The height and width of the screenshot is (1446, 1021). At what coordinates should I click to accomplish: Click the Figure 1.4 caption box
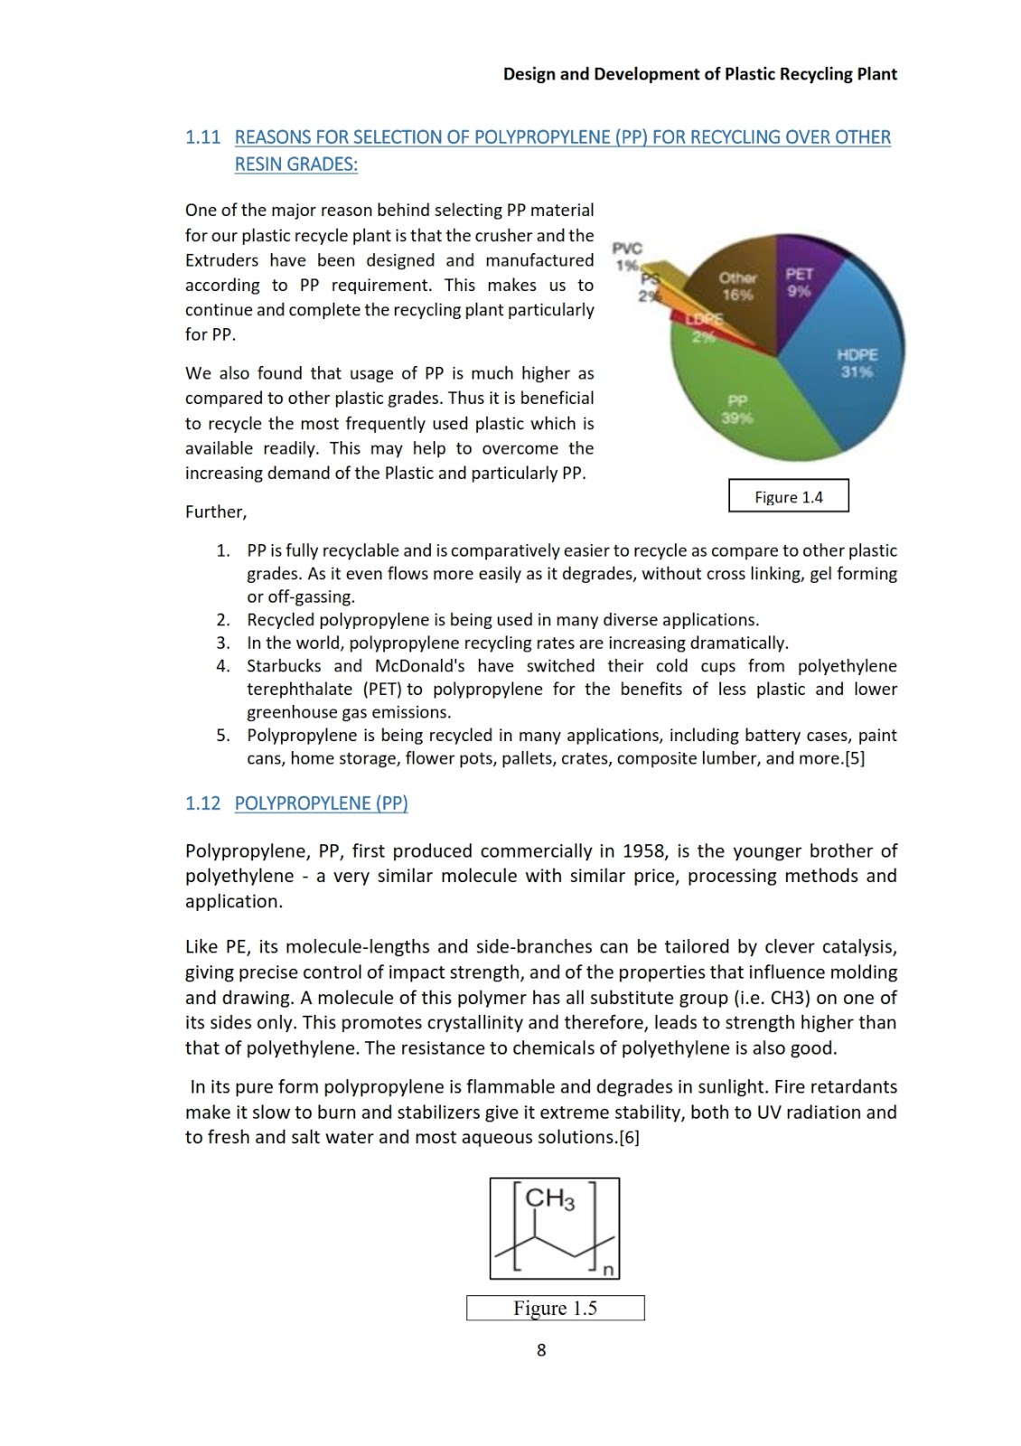(x=788, y=496)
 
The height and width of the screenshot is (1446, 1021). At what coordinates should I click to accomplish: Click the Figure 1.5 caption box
(x=555, y=1308)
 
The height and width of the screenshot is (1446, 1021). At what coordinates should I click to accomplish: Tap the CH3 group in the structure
(x=549, y=1199)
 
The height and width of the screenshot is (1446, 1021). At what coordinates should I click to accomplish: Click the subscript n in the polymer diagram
(x=608, y=1270)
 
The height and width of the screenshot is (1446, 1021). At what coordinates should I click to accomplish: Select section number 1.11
(x=202, y=137)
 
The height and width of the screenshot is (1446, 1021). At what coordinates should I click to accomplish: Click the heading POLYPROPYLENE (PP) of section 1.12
(x=321, y=803)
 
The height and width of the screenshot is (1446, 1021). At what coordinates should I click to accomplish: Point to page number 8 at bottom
(x=541, y=1350)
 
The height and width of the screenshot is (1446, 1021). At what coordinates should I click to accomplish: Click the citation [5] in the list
(x=854, y=759)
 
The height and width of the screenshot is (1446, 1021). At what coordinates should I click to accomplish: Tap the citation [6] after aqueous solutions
(x=629, y=1138)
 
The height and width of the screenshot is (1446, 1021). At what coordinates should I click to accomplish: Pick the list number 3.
(x=222, y=643)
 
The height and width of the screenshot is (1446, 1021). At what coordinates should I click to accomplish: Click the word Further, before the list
(x=215, y=512)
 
